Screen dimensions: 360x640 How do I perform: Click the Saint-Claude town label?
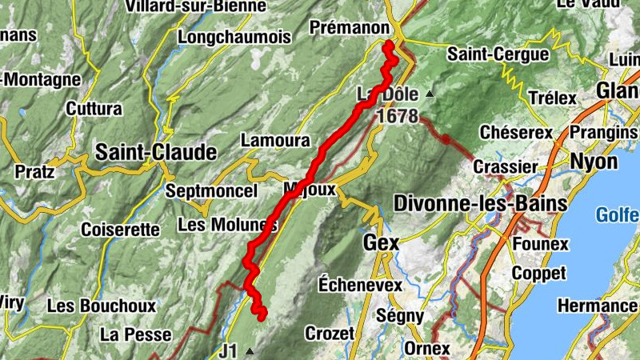coord(156,153)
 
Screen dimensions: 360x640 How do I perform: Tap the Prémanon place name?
coord(349,29)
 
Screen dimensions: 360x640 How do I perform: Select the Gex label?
coord(381,242)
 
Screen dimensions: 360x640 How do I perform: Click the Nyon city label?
coord(594,161)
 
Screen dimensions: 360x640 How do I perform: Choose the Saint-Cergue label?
coord(498,54)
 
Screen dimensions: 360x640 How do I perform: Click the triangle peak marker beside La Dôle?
coord(430,94)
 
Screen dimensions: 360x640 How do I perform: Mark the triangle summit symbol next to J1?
coord(250,350)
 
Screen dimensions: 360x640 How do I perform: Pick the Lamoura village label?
coord(275,141)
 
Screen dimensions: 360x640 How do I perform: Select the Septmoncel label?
coord(211,191)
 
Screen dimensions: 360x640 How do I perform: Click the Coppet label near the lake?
coord(539,274)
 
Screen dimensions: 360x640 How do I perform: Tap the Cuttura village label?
coord(94,108)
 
